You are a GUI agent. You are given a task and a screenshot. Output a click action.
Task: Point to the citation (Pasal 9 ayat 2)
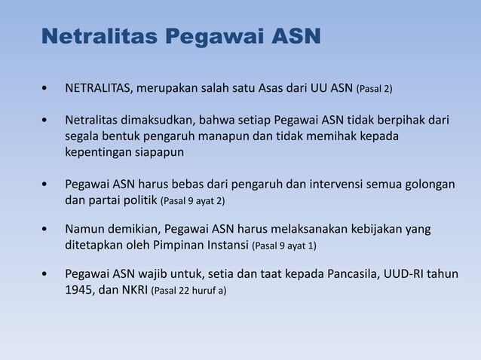tap(193, 201)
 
